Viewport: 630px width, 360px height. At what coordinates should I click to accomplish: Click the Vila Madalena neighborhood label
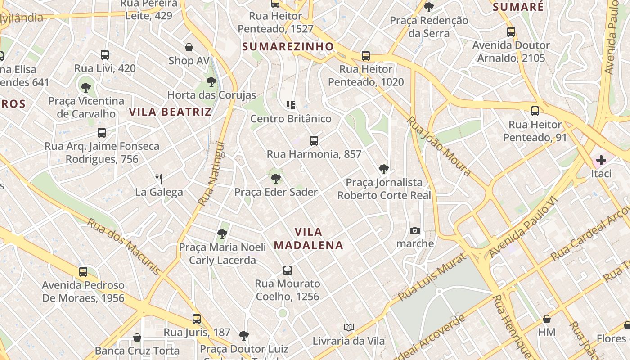[309, 238]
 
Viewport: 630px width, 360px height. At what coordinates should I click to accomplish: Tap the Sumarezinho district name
[288, 46]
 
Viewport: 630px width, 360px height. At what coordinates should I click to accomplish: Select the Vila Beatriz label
[170, 112]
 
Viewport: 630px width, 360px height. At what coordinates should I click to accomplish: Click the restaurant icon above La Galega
[159, 178]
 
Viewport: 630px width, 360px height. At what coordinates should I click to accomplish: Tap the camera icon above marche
[415, 231]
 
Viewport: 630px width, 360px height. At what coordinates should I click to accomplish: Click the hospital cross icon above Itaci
[601, 160]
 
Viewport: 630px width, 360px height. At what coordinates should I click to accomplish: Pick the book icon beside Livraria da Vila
[349, 327]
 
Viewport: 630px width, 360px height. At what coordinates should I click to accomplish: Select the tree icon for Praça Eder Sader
[276, 179]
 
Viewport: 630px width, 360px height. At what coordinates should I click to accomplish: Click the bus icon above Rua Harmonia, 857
[314, 141]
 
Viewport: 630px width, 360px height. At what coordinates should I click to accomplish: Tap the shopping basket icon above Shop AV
[189, 47]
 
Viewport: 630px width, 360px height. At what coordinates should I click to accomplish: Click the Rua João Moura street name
[439, 147]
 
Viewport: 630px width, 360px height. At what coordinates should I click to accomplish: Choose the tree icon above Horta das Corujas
[211, 82]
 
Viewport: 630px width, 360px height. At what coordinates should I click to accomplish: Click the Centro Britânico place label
[291, 119]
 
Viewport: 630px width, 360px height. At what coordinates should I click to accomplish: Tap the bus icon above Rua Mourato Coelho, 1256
[288, 270]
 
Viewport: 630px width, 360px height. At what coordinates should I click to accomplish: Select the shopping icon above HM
[547, 319]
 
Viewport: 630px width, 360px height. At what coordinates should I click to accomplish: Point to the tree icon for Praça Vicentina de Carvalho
[86, 87]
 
